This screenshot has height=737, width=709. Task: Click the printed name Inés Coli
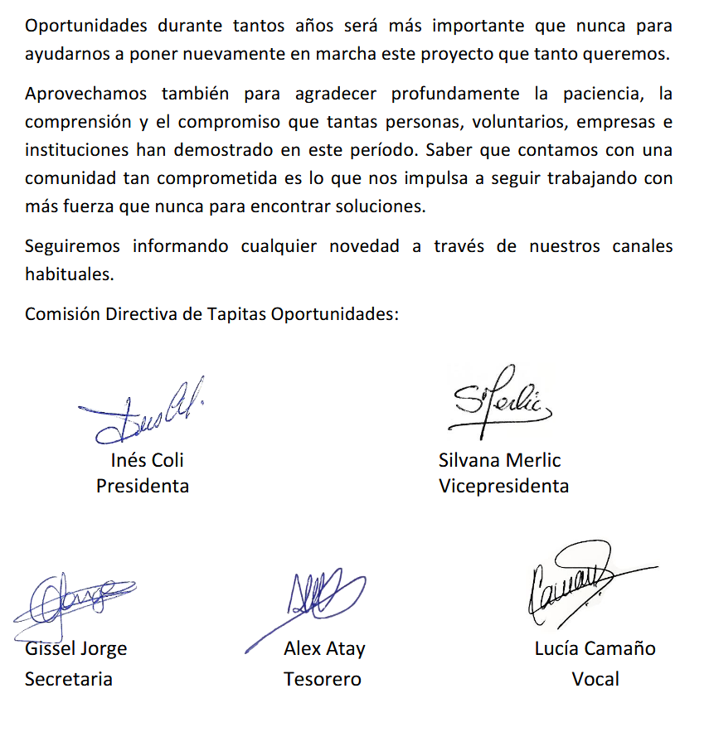147,460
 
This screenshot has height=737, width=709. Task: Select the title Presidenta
143,486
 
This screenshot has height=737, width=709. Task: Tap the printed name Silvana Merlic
500,460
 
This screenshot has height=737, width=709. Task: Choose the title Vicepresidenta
503,486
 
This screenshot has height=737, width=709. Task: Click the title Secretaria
69,680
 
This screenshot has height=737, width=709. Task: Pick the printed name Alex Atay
324,648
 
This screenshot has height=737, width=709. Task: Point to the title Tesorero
323,680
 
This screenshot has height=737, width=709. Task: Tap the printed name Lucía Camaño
595,648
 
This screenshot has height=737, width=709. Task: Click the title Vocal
595,680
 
